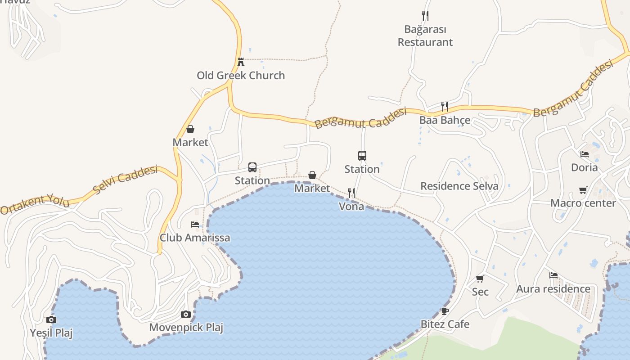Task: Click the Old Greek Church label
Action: tap(241, 75)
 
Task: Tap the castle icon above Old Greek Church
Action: tap(241, 62)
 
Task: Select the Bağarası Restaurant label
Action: tap(425, 36)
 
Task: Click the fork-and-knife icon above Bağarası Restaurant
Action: tap(425, 16)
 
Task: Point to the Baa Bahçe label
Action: tap(445, 120)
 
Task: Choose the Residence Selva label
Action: tap(459, 186)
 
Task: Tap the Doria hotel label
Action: tap(584, 168)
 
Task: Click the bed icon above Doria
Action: tap(585, 154)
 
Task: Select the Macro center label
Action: tap(583, 203)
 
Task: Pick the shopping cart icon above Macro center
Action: tap(583, 190)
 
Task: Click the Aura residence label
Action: tap(553, 289)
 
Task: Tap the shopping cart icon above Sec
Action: tap(480, 279)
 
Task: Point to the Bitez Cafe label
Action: tap(445, 324)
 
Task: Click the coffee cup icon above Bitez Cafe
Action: tap(445, 311)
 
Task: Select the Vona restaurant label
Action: tap(351, 207)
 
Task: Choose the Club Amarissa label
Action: tap(195, 238)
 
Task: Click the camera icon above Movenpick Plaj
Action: tap(186, 314)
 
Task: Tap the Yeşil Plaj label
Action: tap(51, 333)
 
